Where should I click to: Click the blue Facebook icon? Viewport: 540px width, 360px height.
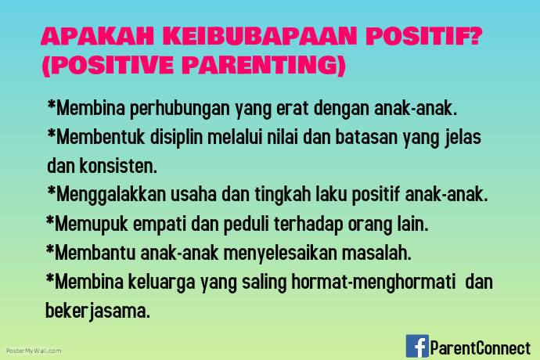[417, 345]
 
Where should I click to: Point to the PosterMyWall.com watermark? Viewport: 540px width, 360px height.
[34, 351]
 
